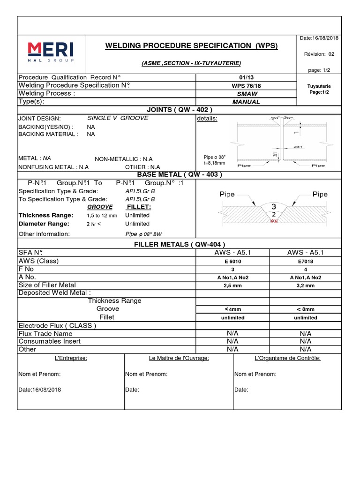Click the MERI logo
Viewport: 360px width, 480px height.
(50, 52)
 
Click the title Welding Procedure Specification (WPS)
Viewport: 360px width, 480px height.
(191, 45)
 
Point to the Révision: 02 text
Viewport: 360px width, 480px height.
(319, 54)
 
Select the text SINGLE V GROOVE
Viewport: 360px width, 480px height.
(118, 118)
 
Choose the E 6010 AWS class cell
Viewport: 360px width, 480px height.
(233, 261)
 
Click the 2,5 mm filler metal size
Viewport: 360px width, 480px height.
(233, 285)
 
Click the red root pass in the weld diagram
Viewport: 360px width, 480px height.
(274, 221)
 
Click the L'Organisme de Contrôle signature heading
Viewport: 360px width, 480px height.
(287, 358)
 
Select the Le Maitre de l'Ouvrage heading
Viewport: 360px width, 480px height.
(179, 358)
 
